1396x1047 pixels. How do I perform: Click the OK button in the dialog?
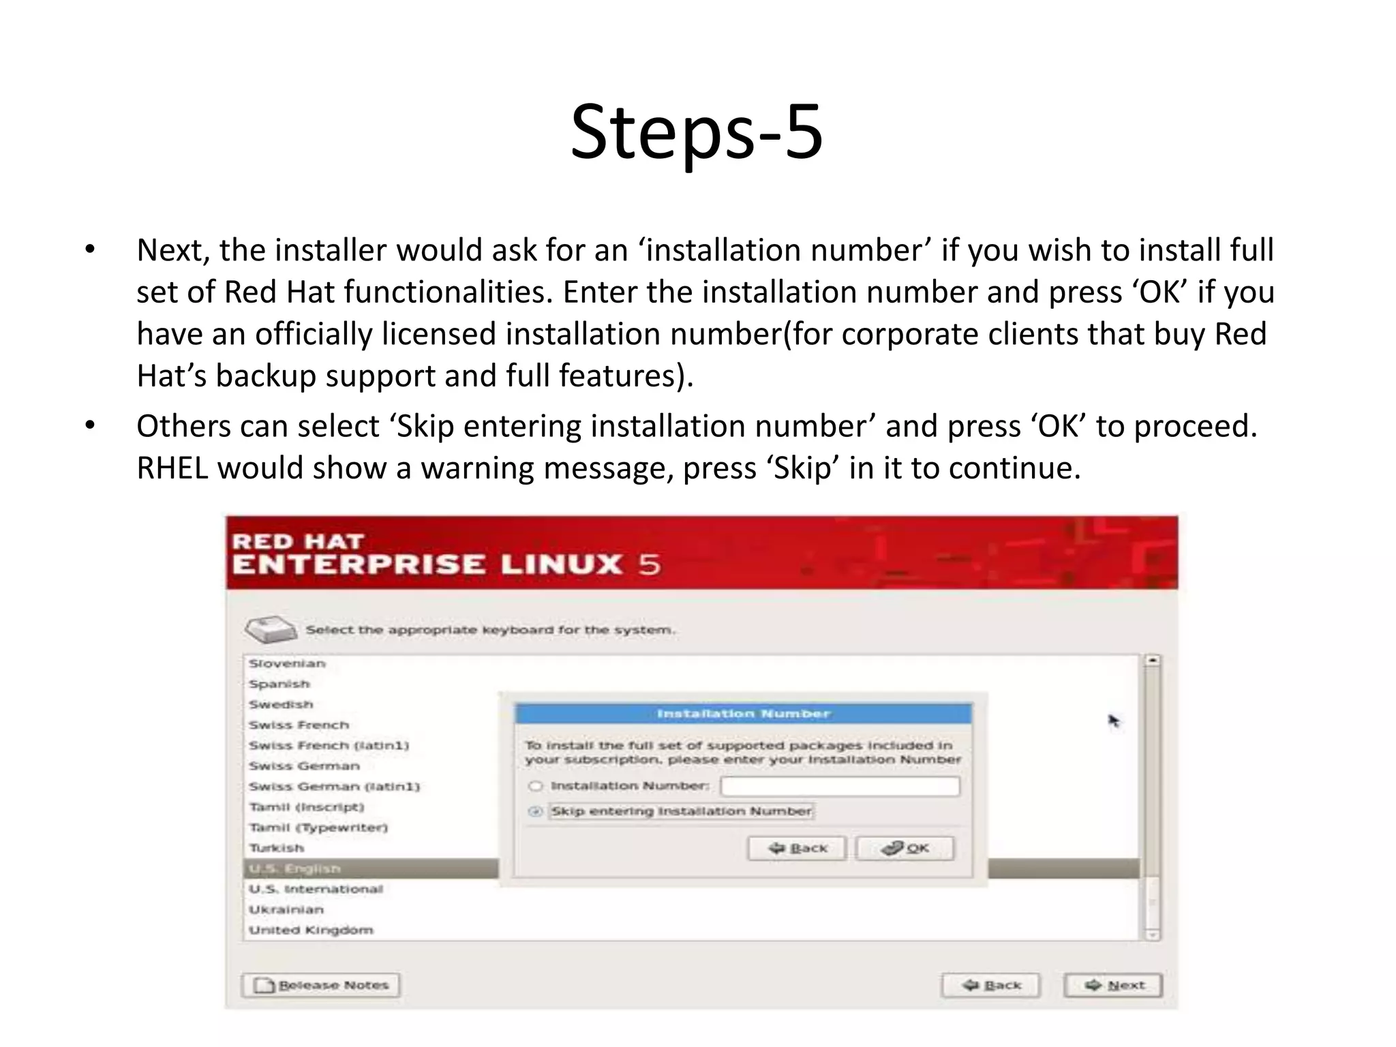point(905,848)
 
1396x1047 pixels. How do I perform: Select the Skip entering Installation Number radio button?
point(536,811)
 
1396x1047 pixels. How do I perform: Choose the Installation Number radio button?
point(536,786)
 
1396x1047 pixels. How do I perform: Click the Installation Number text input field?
point(840,786)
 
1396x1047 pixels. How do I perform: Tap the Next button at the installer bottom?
point(1112,985)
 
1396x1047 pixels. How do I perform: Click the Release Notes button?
point(321,985)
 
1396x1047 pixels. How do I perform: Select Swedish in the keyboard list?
point(281,704)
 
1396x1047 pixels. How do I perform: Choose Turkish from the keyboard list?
point(276,848)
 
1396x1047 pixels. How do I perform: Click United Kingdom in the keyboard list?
point(311,930)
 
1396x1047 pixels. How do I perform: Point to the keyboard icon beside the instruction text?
point(271,629)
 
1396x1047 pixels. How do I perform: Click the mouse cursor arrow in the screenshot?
point(1113,720)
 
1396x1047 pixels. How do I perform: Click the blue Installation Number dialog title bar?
point(743,714)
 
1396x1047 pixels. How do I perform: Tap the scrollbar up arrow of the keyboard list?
point(1152,661)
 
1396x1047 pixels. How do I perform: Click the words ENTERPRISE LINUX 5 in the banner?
point(446,564)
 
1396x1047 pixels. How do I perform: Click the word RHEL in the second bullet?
point(172,468)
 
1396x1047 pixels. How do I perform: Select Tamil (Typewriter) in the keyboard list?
point(318,828)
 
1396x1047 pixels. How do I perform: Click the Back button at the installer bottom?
point(991,985)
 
